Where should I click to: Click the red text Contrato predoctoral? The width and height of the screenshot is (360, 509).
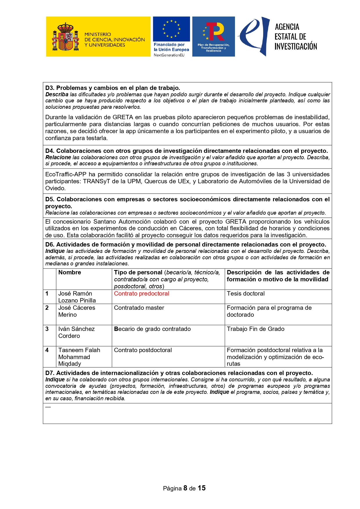[x=141, y=294]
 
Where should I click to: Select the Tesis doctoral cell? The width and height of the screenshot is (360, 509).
[x=245, y=294]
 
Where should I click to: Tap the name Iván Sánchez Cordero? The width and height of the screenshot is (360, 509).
[x=76, y=332]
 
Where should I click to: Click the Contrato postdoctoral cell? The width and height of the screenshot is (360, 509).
[x=143, y=350]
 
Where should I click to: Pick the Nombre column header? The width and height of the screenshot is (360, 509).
[x=70, y=272]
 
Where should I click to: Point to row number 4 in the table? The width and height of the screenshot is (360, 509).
[x=47, y=350]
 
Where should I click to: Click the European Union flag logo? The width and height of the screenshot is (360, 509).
[x=171, y=29]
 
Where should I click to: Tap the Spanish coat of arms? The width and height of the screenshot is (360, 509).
[x=66, y=37]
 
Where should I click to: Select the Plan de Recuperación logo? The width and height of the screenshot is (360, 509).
[x=214, y=36]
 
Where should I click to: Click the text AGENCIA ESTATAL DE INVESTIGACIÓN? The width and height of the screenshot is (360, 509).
[x=295, y=37]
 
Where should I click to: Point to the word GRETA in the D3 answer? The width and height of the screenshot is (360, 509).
[x=123, y=117]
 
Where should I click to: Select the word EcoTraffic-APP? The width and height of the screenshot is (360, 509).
[x=66, y=174]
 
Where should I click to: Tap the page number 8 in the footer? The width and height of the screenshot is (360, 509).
[x=185, y=488]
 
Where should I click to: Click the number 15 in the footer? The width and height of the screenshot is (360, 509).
[x=202, y=488]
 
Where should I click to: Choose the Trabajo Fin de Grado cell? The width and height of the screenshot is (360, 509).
[x=255, y=329]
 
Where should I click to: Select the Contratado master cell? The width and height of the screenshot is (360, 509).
[x=139, y=308]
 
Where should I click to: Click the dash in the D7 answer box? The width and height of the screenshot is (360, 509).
[x=48, y=407]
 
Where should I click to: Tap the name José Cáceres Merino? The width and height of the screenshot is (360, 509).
[x=77, y=311]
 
